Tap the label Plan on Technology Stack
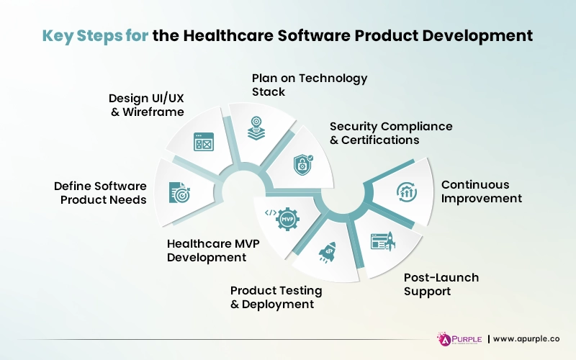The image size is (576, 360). pos(309,85)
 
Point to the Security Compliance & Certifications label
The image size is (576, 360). pos(391,133)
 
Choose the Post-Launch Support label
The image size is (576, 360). pos(441,284)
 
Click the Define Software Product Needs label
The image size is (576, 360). pos(100,192)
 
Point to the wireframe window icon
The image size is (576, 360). pos(204,142)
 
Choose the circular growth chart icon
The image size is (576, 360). pos(407,192)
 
